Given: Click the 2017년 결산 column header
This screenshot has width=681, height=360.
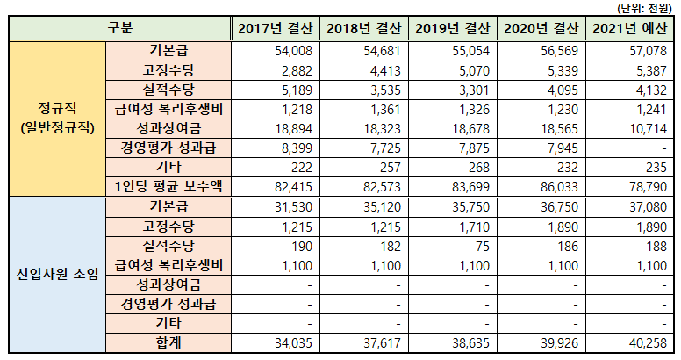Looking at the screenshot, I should pos(274,28).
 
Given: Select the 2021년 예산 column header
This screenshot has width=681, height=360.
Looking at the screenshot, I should pos(630,28).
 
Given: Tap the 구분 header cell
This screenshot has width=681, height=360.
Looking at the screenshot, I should pos(119,28).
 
